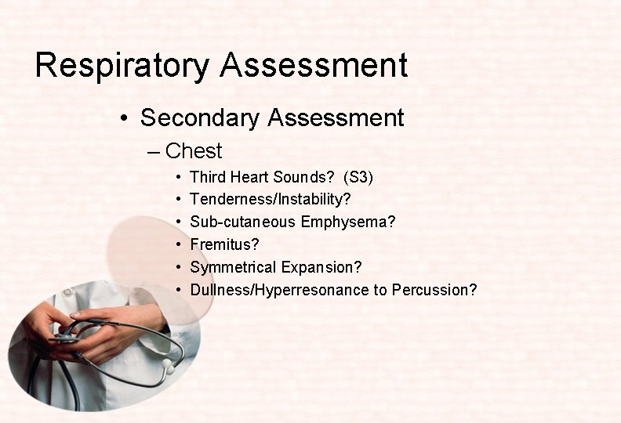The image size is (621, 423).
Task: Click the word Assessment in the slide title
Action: tap(314, 66)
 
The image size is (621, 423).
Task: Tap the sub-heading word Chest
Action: tap(194, 151)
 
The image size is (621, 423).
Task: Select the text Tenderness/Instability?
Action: tap(271, 200)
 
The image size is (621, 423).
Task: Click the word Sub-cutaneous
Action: tap(242, 222)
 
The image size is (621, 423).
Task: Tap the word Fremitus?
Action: tap(224, 245)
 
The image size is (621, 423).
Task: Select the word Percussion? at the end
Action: tap(434, 290)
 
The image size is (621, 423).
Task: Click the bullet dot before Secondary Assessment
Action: tap(125, 119)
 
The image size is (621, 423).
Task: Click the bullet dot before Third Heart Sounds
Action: tap(180, 178)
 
